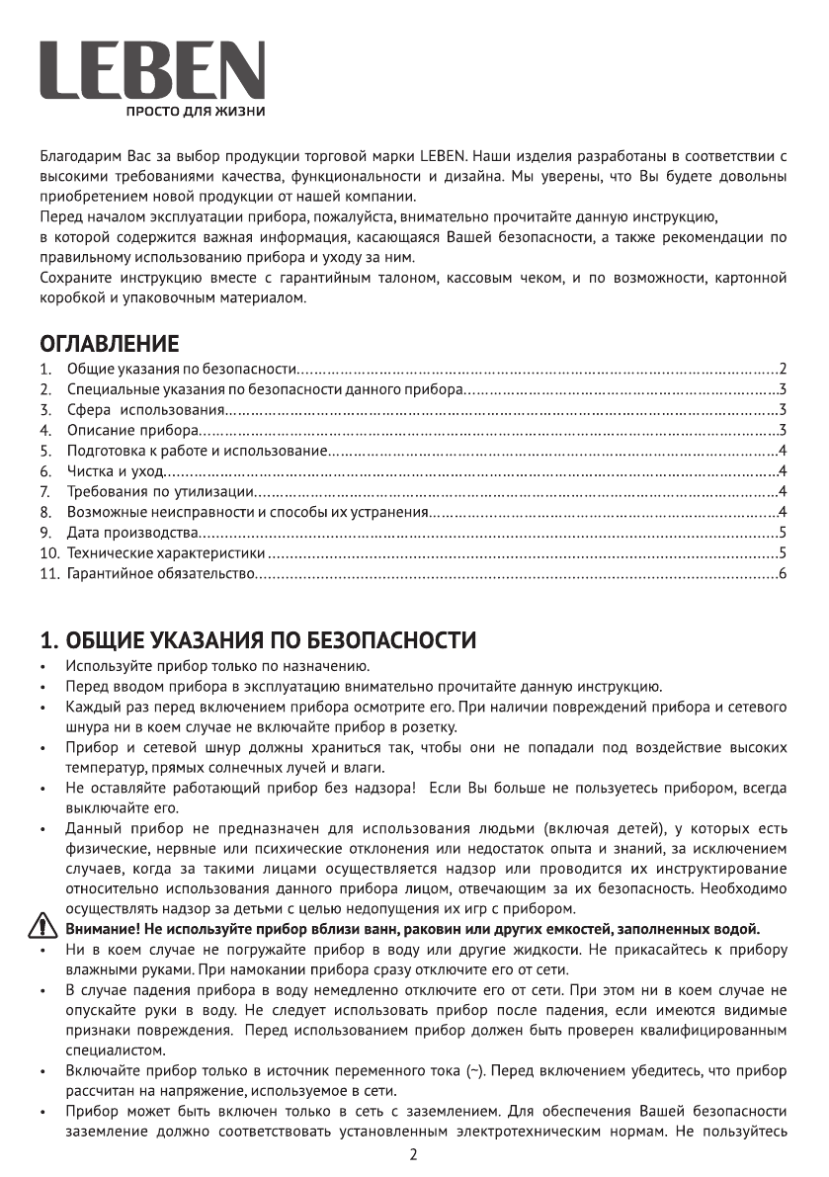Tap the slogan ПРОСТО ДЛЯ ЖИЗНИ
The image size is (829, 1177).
(x=193, y=111)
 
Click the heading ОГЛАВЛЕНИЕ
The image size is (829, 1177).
(x=109, y=344)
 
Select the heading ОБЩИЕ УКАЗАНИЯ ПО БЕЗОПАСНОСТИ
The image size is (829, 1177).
(x=257, y=639)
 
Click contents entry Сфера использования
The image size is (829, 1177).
(x=146, y=410)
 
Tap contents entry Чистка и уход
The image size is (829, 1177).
(x=115, y=470)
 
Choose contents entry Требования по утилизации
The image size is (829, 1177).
(x=164, y=491)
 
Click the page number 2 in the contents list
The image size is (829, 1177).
(x=782, y=368)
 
